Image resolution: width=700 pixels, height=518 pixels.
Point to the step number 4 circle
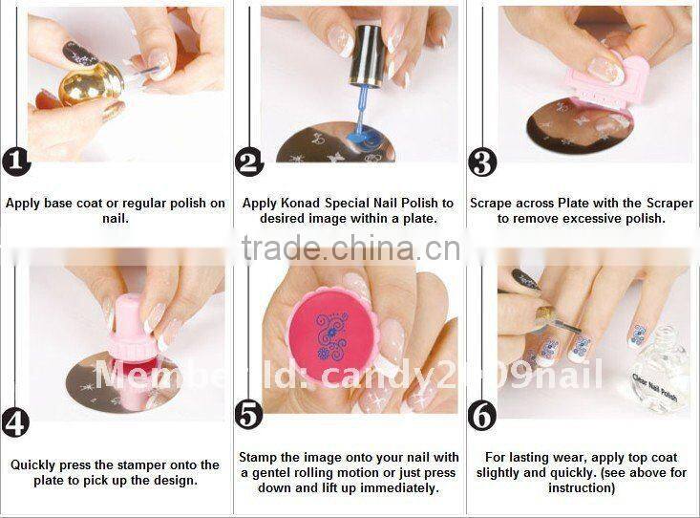(x=15, y=421)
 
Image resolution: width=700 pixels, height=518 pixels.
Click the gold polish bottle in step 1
(x=91, y=86)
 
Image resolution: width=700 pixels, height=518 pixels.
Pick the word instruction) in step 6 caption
(x=582, y=487)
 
